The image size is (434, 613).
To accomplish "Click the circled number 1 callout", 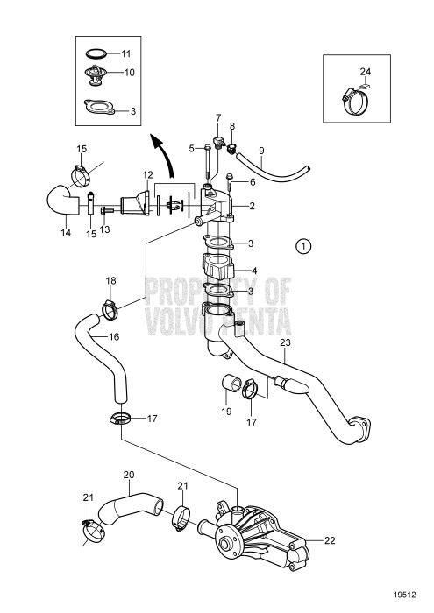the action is pos(302,246).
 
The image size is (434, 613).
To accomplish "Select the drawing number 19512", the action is pos(405,595).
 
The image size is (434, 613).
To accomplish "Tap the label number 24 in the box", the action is pos(366,72).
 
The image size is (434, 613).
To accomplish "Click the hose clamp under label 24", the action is pos(355,100).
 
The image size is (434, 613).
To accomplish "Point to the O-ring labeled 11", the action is pos(96,53).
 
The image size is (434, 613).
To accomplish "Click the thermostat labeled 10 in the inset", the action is pos(95,74).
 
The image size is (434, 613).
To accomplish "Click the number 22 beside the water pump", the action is pos(330,540).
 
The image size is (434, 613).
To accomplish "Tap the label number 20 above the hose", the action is pos(129,475).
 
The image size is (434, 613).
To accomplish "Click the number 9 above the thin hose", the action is pos(261,151).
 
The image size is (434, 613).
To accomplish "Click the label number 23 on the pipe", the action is pos(285,342).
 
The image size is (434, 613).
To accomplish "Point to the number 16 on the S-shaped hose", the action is pos(114,336).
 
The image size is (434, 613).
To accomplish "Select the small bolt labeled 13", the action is pos(106,211).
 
